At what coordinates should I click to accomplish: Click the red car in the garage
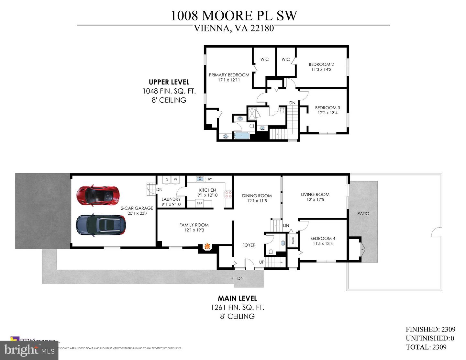tap(98, 195)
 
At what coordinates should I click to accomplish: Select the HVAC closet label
tap(293, 241)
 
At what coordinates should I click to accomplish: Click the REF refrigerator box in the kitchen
tap(199, 204)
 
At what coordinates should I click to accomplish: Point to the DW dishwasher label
tap(209, 179)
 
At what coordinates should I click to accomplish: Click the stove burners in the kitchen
tap(228, 194)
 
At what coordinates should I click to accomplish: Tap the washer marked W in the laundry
tap(175, 180)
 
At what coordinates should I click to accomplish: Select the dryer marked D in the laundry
tap(167, 180)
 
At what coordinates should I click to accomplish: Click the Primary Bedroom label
tap(229, 75)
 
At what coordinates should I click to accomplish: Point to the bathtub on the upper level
tap(241, 136)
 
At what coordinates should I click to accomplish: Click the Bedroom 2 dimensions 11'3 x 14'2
tap(321, 70)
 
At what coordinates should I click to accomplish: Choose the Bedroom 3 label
tap(327, 108)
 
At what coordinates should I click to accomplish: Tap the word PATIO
tap(363, 214)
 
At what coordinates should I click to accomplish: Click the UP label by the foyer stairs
tap(261, 262)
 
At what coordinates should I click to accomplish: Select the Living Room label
tap(315, 195)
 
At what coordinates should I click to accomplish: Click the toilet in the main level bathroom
tap(271, 251)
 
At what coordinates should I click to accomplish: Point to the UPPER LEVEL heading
tap(169, 82)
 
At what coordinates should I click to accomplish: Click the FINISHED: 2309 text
tap(430, 329)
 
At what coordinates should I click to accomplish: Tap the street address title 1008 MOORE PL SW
tap(234, 16)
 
